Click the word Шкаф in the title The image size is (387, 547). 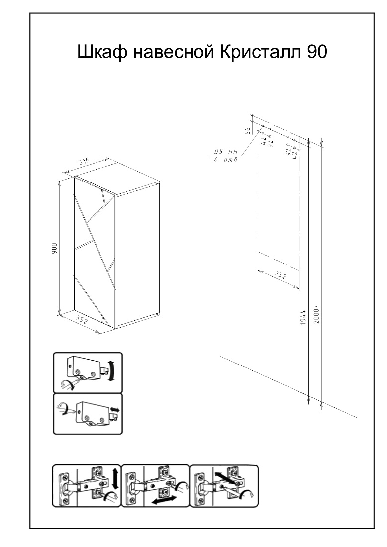pyautogui.click(x=101, y=52)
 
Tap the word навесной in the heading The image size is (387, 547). pyautogui.click(x=174, y=52)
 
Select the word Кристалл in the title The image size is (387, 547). pyautogui.click(x=262, y=52)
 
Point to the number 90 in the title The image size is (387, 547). pyautogui.click(x=317, y=52)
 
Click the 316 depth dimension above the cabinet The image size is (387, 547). pyautogui.click(x=84, y=162)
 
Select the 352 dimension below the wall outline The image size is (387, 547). pyautogui.click(x=280, y=275)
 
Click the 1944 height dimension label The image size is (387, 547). pyautogui.click(x=303, y=317)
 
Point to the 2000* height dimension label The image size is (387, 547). pyautogui.click(x=316, y=314)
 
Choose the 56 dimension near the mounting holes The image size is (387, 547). pyautogui.click(x=247, y=130)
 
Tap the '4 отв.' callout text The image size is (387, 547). pyautogui.click(x=226, y=160)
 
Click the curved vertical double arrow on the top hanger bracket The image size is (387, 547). pyautogui.click(x=112, y=371)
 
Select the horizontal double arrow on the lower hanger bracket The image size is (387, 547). pyautogui.click(x=115, y=409)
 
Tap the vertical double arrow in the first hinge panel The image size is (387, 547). pyautogui.click(x=115, y=478)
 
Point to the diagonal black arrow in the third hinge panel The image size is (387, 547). pyautogui.click(x=225, y=478)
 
